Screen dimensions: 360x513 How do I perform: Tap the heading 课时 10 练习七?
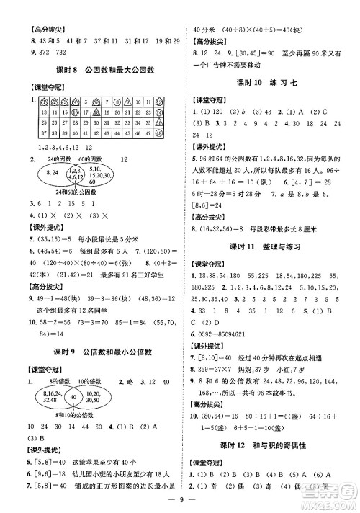269,82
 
